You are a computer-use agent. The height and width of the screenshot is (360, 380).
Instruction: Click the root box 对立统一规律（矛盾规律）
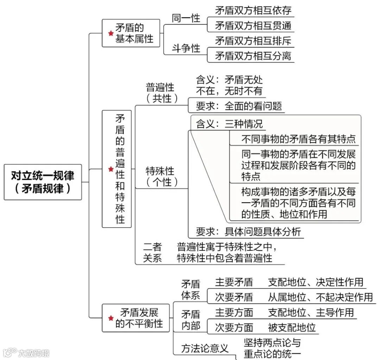coord(43,182)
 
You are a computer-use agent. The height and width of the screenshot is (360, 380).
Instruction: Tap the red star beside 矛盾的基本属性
coord(111,33)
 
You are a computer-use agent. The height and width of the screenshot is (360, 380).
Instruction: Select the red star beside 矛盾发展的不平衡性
coord(111,318)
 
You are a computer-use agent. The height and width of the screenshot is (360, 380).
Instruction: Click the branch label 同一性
coord(186,18)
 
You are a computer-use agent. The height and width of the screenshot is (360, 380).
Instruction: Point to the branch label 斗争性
coord(186,48)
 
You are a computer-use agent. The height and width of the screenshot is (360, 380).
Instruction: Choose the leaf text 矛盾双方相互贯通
coord(253,26)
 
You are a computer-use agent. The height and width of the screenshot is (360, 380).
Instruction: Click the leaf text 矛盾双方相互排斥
coord(253,41)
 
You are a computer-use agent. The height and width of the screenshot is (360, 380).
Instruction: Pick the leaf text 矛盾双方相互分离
coord(253,56)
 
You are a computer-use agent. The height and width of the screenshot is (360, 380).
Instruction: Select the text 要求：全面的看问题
coord(239,106)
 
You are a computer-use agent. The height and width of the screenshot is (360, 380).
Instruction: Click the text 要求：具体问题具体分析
coord(248,232)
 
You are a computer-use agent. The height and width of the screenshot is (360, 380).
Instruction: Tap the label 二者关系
coord(152,252)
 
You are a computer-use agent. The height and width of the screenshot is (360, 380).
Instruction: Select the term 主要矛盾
coord(234,282)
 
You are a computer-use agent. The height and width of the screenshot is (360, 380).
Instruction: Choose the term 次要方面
coord(234,327)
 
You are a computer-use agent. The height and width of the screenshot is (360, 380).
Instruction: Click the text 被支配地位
coord(292,327)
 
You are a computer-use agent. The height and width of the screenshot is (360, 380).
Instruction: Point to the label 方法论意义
coord(205,348)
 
